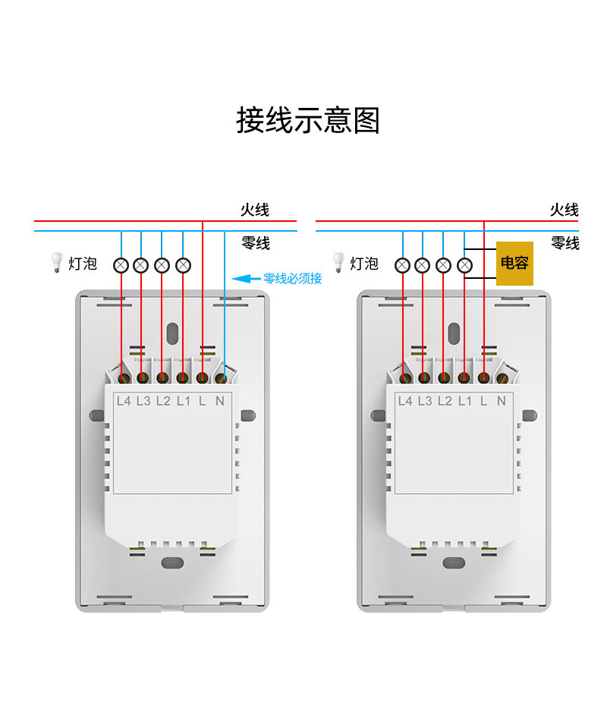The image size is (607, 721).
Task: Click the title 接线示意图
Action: click(307, 121)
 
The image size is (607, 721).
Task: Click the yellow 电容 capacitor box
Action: click(514, 264)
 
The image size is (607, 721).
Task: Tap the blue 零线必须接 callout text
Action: click(292, 279)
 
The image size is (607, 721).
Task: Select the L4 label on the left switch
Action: click(124, 400)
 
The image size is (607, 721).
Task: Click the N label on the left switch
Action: click(219, 400)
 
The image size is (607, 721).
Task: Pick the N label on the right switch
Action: click(501, 400)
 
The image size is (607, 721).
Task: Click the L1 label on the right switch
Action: click(464, 400)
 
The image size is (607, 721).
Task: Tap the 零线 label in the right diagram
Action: click(565, 243)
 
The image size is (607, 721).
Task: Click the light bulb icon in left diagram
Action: click(55, 263)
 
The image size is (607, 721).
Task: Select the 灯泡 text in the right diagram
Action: click(364, 264)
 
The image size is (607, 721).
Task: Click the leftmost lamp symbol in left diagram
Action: click(121, 265)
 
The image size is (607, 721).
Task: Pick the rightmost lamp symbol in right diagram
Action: click(465, 265)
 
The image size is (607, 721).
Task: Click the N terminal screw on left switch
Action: click(222, 377)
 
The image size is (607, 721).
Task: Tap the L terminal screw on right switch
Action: click(483, 377)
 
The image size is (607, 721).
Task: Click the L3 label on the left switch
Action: click(143, 400)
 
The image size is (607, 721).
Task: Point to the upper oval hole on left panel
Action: click(172, 333)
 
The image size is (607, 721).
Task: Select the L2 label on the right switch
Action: click(445, 400)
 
